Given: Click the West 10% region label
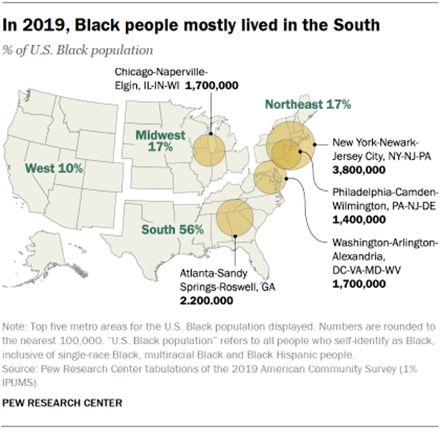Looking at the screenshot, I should (54, 169).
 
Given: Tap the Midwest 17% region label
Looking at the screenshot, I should (161, 140).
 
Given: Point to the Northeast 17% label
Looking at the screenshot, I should (308, 105).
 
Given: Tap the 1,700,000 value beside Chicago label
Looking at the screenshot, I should (212, 85).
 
